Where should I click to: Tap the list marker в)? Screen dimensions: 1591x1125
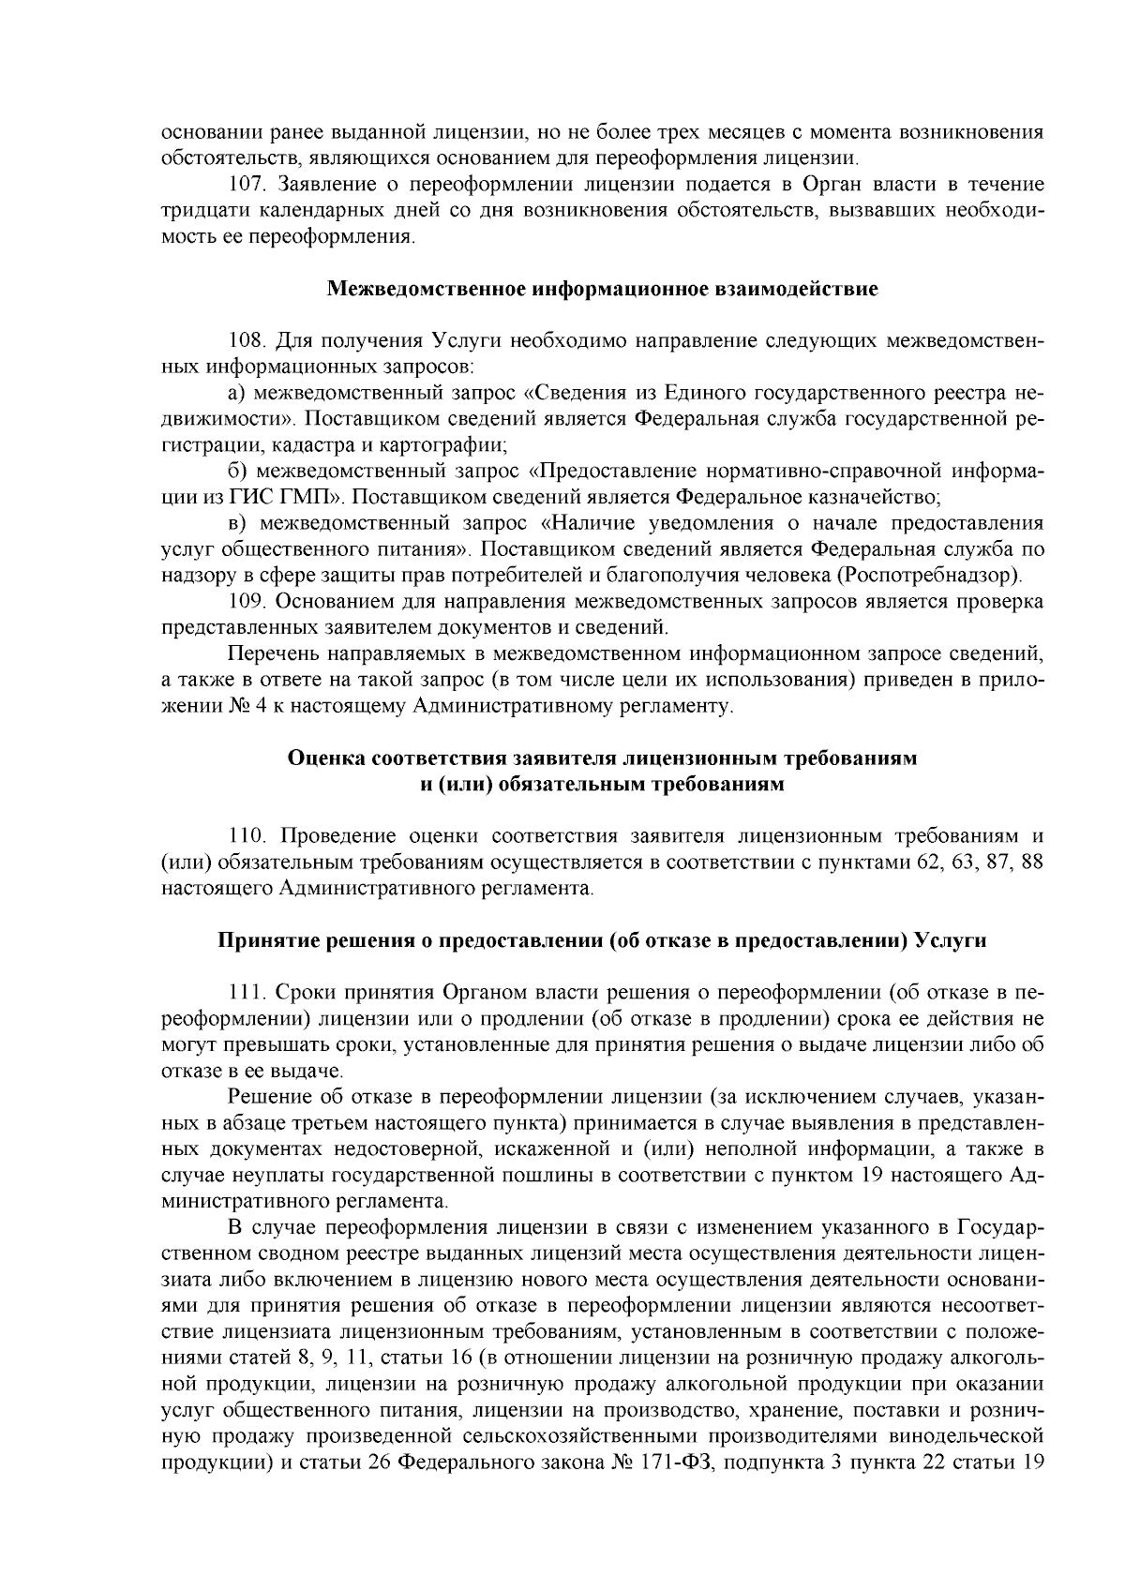tap(238, 522)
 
